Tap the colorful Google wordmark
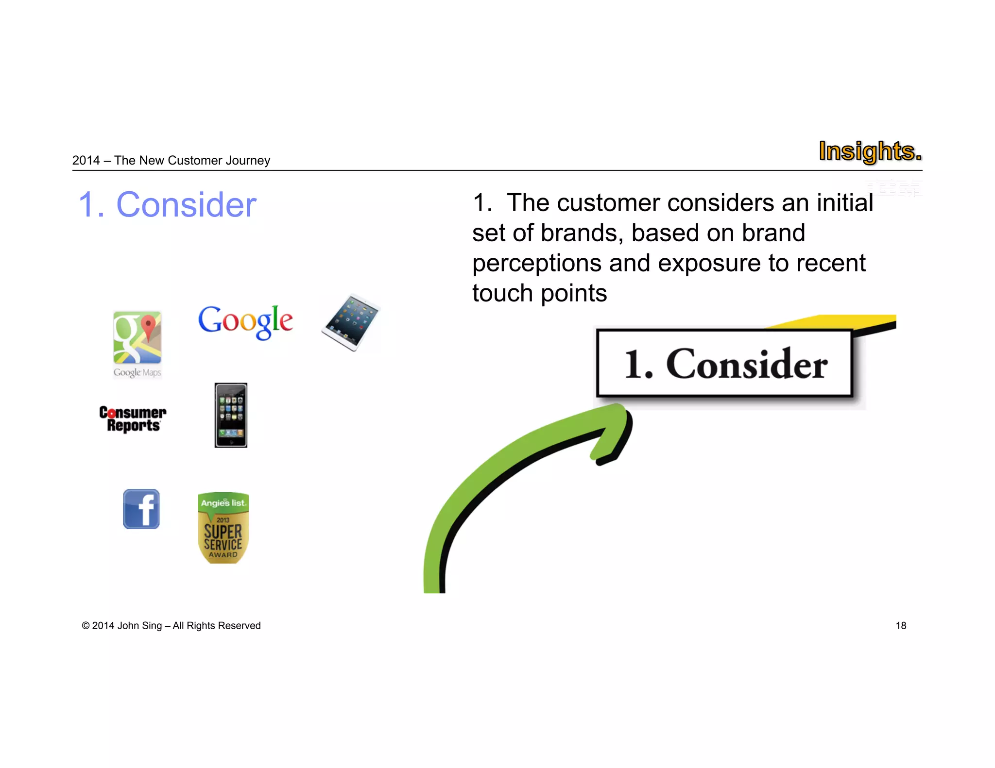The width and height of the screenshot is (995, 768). [245, 321]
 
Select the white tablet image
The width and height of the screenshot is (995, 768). [350, 322]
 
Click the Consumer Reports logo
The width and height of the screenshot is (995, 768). [133, 419]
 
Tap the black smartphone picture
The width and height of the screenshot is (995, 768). [231, 415]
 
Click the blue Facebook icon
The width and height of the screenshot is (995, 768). [141, 509]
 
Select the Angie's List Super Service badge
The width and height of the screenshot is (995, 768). [223, 528]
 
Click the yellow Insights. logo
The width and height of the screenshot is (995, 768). [870, 151]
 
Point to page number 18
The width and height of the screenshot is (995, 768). [901, 626]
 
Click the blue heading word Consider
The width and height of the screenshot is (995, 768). [186, 205]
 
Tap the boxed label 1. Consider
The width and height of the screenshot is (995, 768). [724, 364]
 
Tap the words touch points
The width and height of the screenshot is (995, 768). [539, 294]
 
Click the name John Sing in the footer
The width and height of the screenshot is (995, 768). [139, 626]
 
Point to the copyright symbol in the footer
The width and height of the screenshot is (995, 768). [86, 626]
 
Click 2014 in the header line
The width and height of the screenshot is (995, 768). [86, 161]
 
